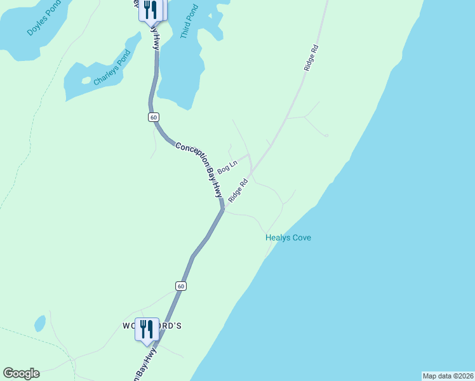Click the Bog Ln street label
[227, 168]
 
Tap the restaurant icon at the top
[151, 10]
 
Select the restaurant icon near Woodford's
[147, 328]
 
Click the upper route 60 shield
[154, 117]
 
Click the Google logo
[21, 373]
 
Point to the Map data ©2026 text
[448, 376]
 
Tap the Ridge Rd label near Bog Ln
[237, 190]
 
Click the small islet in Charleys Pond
[86, 81]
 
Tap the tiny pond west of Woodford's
[40, 324]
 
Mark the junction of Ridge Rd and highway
[224, 206]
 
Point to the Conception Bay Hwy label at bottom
[145, 365]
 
